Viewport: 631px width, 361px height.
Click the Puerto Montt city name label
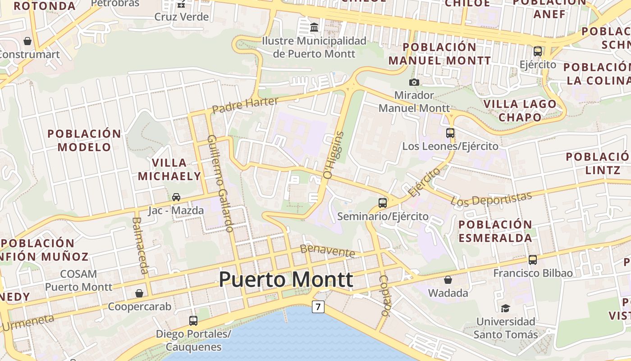(x=286, y=280)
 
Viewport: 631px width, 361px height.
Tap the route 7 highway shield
(x=318, y=307)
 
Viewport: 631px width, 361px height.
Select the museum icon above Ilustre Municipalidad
(x=314, y=28)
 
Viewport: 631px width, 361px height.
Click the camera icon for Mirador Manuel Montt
(x=414, y=82)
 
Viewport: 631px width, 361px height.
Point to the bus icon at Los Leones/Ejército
(x=450, y=133)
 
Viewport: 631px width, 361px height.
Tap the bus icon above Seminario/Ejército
(x=383, y=203)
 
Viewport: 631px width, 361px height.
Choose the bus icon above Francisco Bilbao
(x=533, y=259)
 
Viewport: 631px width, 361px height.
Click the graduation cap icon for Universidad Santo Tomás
(x=505, y=308)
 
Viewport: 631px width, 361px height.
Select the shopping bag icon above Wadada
(x=448, y=280)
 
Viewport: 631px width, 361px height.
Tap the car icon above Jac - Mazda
(x=176, y=197)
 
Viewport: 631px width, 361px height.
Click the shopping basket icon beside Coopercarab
(x=139, y=293)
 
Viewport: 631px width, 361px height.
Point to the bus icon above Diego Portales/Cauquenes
(x=193, y=320)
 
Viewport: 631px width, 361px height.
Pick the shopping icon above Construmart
(x=27, y=41)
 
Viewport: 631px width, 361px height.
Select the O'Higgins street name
(x=334, y=154)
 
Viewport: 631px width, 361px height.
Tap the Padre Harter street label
(x=245, y=105)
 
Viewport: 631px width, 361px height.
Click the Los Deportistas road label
(x=492, y=199)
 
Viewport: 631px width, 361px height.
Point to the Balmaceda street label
(x=141, y=245)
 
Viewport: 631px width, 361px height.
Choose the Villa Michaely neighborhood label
(x=169, y=169)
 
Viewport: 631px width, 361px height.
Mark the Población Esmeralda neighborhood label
(x=495, y=231)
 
